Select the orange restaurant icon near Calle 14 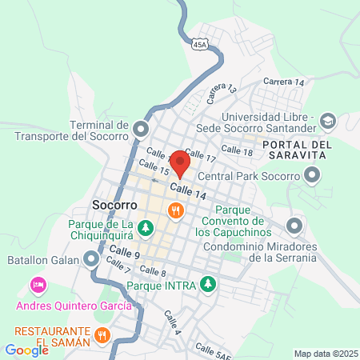point(174,210)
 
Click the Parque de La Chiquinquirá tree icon point(145,228)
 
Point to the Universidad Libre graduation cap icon point(327,120)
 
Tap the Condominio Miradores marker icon point(294,226)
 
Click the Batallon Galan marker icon point(92,259)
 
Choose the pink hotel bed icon point(37,285)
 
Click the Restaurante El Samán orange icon point(102,334)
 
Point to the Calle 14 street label point(188,190)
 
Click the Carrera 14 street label point(284,82)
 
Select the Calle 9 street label point(126,254)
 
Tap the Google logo point(26,350)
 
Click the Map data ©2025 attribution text point(324,354)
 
